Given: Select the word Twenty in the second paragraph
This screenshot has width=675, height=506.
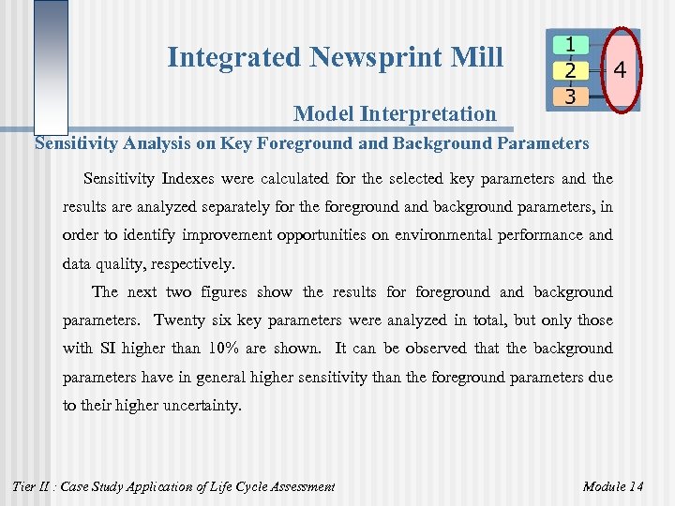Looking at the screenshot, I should (181, 320).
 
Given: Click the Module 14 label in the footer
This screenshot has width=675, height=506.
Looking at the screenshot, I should (613, 485).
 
